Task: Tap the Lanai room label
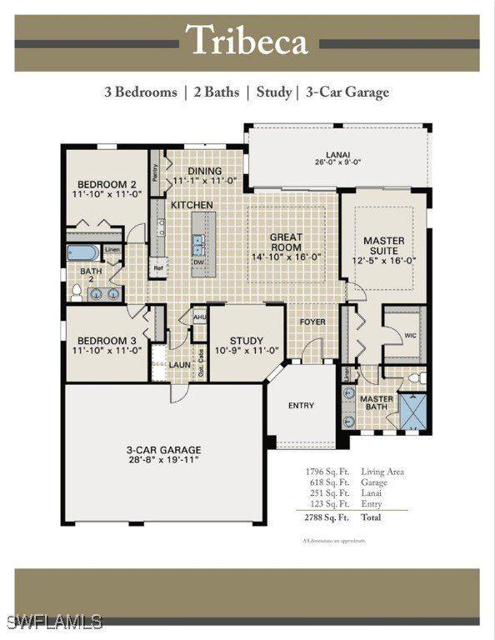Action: tap(337, 158)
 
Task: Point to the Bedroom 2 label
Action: tap(107, 189)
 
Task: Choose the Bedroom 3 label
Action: tap(107, 345)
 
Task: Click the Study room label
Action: tap(247, 346)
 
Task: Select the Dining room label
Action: tap(204, 176)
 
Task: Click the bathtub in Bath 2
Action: tap(84, 252)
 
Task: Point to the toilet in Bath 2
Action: tap(77, 292)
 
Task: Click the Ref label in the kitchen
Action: tap(157, 268)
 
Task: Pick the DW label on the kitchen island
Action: tap(198, 262)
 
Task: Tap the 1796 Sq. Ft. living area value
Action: tap(326, 472)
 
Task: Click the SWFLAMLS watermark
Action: tap(52, 622)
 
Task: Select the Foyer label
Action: tap(312, 322)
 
